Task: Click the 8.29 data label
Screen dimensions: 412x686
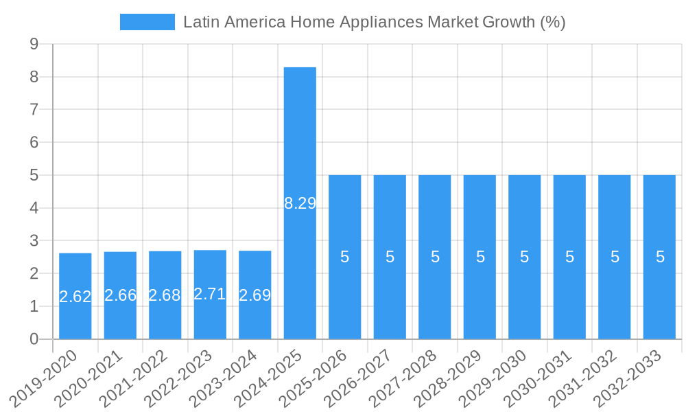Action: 300,203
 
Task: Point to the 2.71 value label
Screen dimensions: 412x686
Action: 210,294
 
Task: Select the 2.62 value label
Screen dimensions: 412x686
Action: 75,297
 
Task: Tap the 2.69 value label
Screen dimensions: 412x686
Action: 255,295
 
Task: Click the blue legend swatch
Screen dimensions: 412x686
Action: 147,22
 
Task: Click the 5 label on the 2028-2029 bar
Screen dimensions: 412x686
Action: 480,257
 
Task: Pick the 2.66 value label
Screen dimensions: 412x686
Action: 120,295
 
